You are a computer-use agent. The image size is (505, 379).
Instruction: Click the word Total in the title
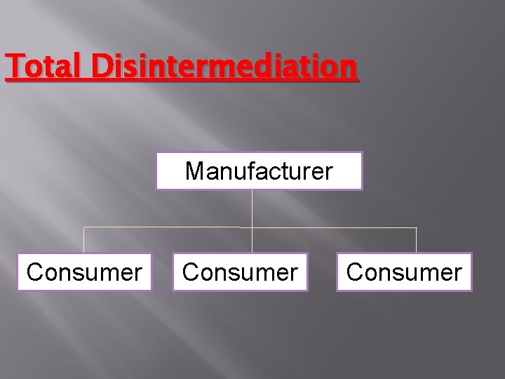43,67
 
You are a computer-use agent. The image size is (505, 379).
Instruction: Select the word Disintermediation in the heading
223,67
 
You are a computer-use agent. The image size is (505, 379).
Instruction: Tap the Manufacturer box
259,171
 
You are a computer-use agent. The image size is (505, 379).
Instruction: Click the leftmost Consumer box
84,272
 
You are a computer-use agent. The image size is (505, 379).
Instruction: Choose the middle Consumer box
240,272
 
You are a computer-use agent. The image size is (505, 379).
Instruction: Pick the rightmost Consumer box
404,272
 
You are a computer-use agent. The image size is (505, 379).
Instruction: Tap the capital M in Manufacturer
194,171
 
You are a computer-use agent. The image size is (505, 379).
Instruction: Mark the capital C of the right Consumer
355,272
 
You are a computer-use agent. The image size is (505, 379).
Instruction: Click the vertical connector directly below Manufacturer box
252,208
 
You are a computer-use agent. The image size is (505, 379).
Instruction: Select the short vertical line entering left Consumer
84,240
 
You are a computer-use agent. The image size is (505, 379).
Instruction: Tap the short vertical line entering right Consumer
416,240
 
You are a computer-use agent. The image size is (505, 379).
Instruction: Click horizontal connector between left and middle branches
168,227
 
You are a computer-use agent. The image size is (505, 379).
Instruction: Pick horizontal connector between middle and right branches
334,227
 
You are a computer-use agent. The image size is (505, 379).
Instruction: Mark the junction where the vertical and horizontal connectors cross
252,227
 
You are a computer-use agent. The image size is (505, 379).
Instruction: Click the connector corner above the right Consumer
416,227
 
